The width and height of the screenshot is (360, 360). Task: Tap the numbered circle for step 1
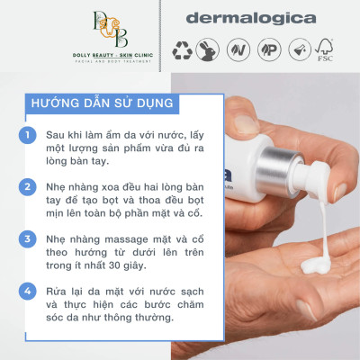[x=29, y=135]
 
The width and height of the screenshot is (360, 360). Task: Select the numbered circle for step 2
[x=29, y=185]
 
